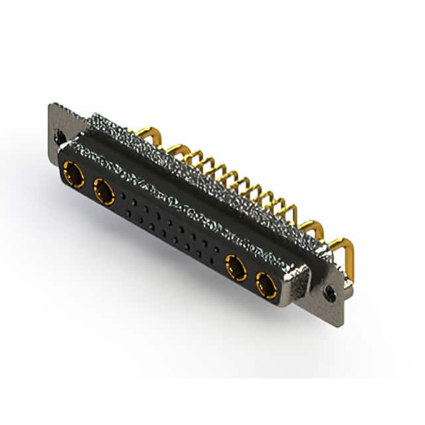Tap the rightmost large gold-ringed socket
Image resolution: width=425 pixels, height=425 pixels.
coord(267,287)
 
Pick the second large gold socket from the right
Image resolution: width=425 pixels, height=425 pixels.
coord(236,269)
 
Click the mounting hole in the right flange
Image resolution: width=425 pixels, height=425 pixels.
coord(329,292)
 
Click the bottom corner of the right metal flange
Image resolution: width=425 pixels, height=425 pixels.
coord(340,324)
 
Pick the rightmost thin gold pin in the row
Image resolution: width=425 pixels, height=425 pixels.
coord(291,211)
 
